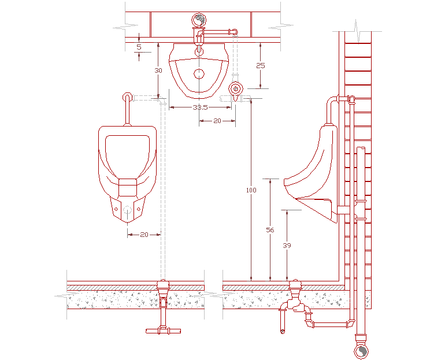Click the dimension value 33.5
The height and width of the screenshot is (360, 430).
coord(200,107)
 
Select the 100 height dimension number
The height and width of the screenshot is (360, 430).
coord(250,190)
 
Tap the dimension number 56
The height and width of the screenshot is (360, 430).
coord(270,229)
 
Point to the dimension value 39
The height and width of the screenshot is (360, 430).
coord(287,245)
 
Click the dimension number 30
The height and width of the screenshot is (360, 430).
coord(158,70)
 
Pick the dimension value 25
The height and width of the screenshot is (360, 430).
coord(260,65)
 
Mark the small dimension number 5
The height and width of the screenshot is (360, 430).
coord(139,46)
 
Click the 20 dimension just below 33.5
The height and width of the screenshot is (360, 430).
coord(217,121)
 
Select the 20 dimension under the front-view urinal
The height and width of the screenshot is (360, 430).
coord(144,234)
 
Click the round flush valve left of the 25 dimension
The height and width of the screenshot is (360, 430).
coord(235,89)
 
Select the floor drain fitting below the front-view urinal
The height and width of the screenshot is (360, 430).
coord(164,286)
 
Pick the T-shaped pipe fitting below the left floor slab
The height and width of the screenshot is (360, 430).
coord(163,329)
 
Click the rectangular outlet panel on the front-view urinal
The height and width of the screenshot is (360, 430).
coord(127,187)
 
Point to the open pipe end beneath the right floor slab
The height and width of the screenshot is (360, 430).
coord(282,331)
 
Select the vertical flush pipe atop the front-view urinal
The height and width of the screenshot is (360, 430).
coord(127,110)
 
